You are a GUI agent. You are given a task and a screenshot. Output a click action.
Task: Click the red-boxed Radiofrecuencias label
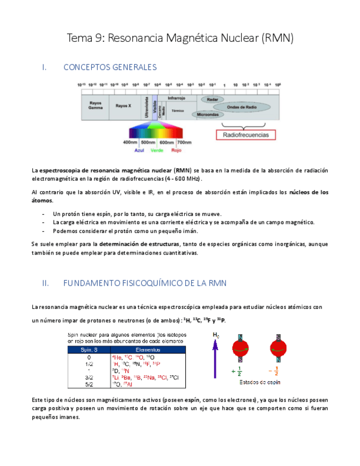tap(245, 135)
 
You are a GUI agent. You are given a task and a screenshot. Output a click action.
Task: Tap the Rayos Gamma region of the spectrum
tap(96, 105)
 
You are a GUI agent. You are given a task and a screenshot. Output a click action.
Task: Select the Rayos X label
tap(124, 105)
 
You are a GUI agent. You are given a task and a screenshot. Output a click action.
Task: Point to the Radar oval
tap(212, 99)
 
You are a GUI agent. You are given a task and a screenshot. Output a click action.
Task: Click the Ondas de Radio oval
tap(242, 107)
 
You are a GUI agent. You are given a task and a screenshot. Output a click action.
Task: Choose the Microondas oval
tap(208, 115)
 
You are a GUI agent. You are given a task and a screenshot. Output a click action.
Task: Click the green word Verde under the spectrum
tap(157, 150)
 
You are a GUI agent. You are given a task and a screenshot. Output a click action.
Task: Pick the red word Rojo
tap(176, 150)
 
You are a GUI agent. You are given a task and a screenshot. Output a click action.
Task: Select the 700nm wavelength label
tap(184, 142)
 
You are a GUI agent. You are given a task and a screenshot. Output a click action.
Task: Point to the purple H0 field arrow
tap(215, 357)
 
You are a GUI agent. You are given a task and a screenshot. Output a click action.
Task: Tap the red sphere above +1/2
tap(240, 348)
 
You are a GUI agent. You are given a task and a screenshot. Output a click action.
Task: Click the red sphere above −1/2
tap(279, 348)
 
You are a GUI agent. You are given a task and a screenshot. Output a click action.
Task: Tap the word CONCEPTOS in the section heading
tap(88, 68)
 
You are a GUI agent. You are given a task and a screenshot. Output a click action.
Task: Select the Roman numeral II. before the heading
tap(46, 284)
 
